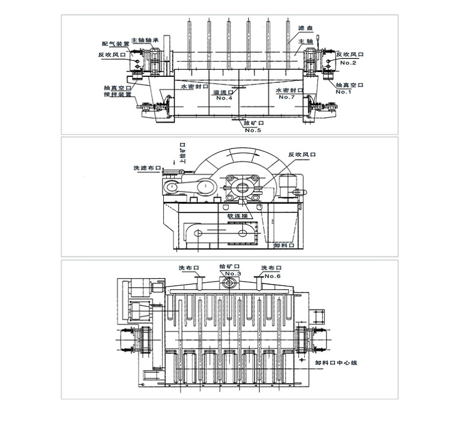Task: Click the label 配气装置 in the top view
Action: [115, 44]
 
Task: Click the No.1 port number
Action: [343, 91]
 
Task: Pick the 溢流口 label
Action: [223, 92]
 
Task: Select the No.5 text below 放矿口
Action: [252, 131]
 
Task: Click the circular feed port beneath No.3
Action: [229, 283]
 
